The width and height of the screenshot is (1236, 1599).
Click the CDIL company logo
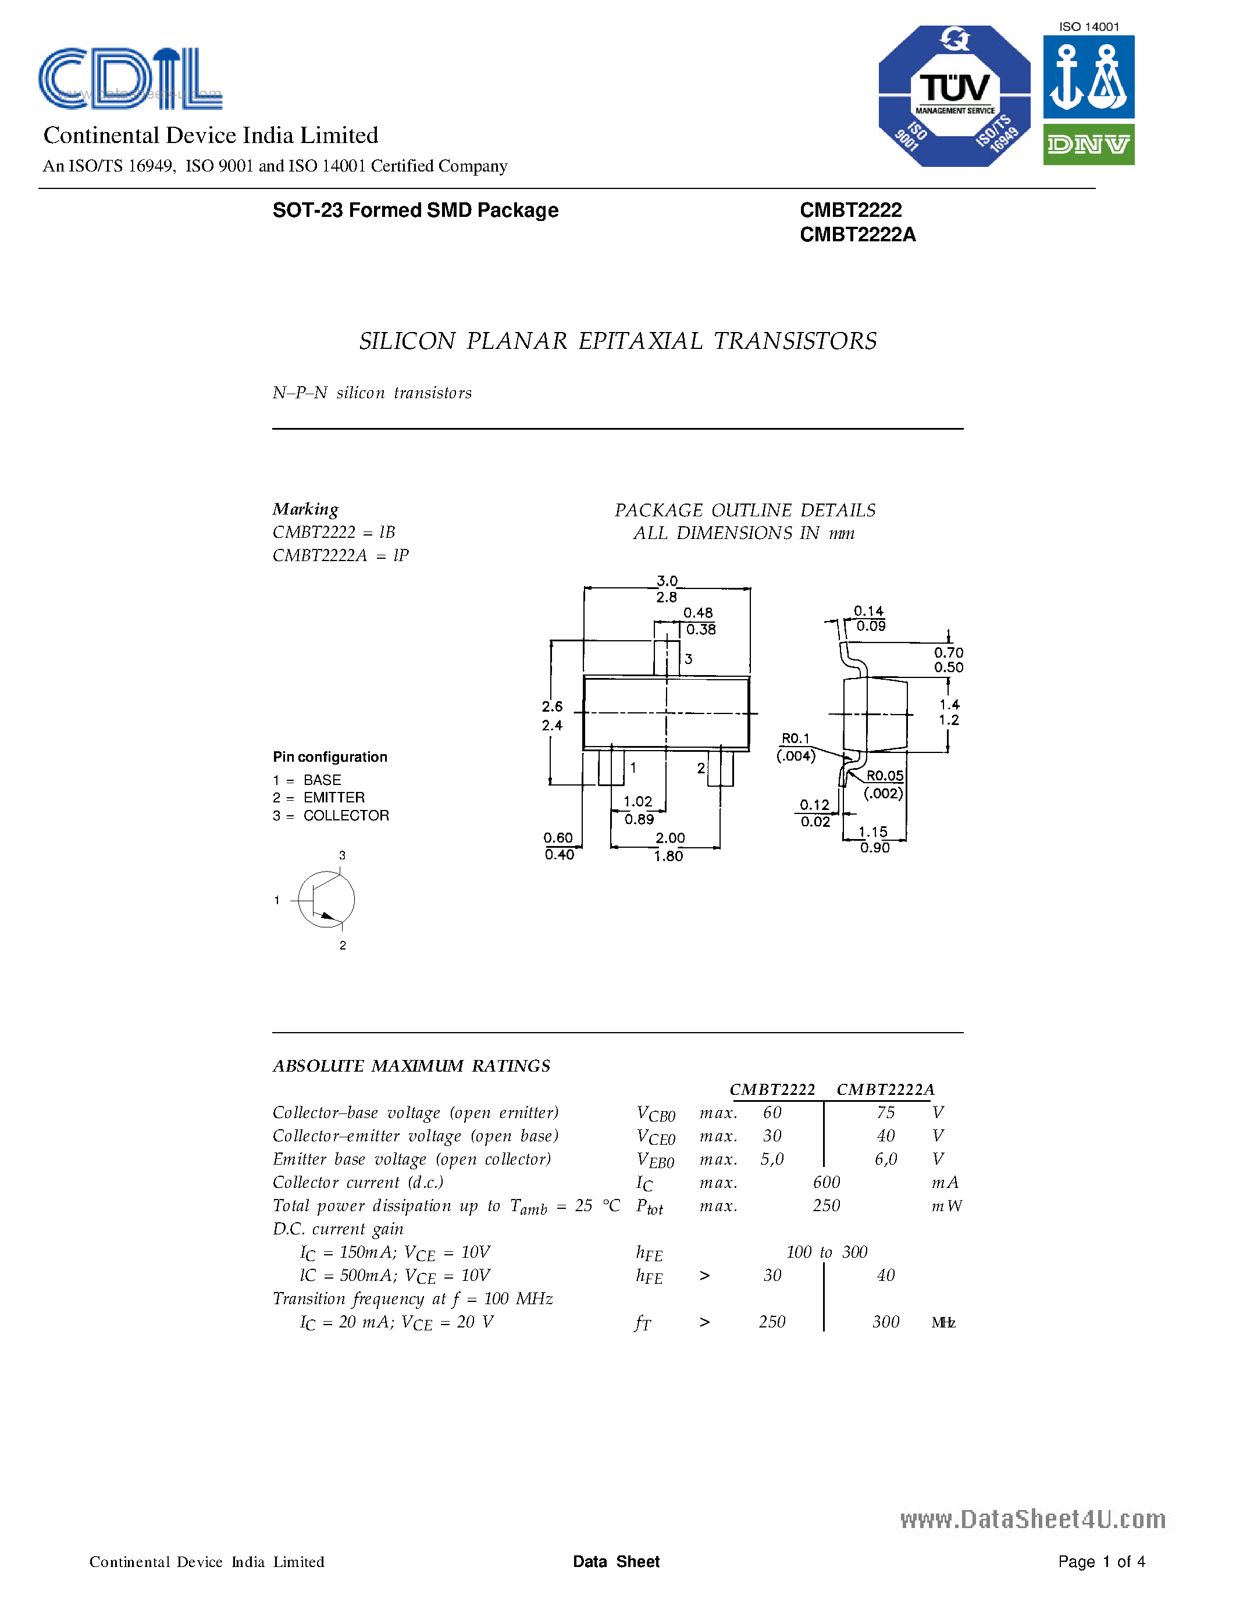pyautogui.click(x=130, y=79)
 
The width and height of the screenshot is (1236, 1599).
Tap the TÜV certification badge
pyautogui.click(x=954, y=96)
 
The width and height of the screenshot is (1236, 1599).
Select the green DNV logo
pyautogui.click(x=1088, y=144)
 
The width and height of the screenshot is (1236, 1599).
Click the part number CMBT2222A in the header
pyautogui.click(x=857, y=234)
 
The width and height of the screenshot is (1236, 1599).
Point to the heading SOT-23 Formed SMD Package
pyautogui.click(x=415, y=210)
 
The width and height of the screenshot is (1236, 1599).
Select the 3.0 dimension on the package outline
pyautogui.click(x=667, y=581)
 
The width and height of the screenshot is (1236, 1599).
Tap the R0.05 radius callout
pyautogui.click(x=885, y=775)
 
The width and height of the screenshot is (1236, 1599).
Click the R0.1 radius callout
pyautogui.click(x=795, y=738)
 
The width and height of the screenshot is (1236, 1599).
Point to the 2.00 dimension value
pyautogui.click(x=670, y=837)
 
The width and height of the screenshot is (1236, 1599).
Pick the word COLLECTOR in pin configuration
pyautogui.click(x=346, y=816)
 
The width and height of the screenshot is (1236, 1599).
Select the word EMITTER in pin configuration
pyautogui.click(x=334, y=797)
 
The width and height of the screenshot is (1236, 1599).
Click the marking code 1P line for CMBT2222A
pyautogui.click(x=340, y=556)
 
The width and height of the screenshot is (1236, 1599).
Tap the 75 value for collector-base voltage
pyautogui.click(x=885, y=1113)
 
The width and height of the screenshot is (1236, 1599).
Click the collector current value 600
pyautogui.click(x=826, y=1183)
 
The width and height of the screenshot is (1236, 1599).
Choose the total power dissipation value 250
pyautogui.click(x=826, y=1206)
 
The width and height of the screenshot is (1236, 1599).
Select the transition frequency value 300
pyautogui.click(x=885, y=1322)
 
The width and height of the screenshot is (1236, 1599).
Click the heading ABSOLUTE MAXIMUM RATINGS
pyautogui.click(x=411, y=1066)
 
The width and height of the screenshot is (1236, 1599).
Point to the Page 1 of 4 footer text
pyautogui.click(x=1101, y=1562)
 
